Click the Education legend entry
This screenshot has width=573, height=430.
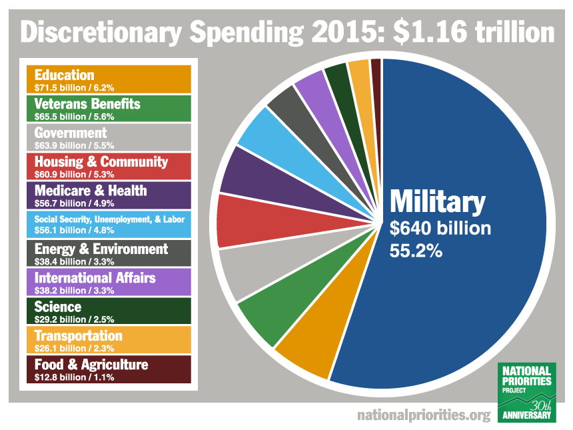pyautogui.click(x=109, y=79)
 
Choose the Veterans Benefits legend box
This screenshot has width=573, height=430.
pyautogui.click(x=109, y=108)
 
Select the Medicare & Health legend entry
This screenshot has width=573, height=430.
pyautogui.click(x=109, y=195)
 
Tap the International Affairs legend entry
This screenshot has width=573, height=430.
pyautogui.click(x=109, y=281)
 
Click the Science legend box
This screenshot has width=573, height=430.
pyautogui.click(x=109, y=311)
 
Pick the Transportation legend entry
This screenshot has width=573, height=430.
pyautogui.click(x=109, y=339)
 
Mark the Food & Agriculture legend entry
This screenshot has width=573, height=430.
pyautogui.click(x=109, y=369)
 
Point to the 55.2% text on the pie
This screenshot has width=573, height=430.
pyautogui.click(x=416, y=253)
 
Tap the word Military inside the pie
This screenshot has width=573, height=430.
pyautogui.click(x=438, y=201)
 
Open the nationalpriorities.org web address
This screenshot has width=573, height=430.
pyautogui.click(x=424, y=415)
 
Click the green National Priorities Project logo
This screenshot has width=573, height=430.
pyautogui.click(x=527, y=393)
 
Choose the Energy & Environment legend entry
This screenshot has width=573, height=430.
pyautogui.click(x=109, y=253)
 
